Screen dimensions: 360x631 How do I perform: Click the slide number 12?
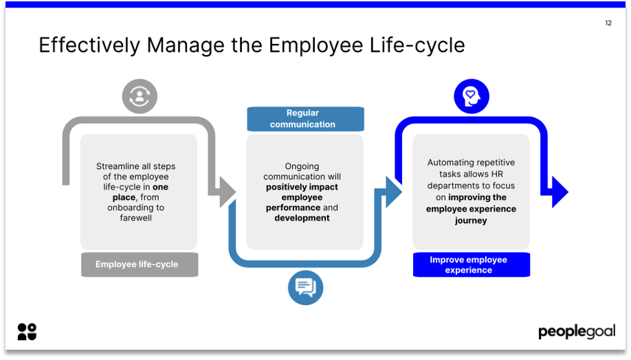point(608,23)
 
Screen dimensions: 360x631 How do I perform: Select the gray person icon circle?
point(140,96)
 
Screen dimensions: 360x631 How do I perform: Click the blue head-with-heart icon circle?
point(471,96)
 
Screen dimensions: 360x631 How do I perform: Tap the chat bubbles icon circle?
point(305,286)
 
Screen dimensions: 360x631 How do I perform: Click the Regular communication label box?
point(305,119)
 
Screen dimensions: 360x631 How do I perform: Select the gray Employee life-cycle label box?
point(140,265)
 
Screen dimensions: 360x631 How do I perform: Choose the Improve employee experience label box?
point(471,265)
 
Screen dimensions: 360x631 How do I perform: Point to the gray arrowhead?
point(226,192)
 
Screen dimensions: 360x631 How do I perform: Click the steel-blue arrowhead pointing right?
point(393,192)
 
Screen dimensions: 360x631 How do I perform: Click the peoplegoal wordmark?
point(576,332)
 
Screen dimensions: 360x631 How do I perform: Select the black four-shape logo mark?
point(27,331)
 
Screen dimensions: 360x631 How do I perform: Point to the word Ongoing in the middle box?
point(302,166)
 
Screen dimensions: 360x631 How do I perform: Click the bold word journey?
point(471,221)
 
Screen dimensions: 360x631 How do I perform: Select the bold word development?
point(302,218)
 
